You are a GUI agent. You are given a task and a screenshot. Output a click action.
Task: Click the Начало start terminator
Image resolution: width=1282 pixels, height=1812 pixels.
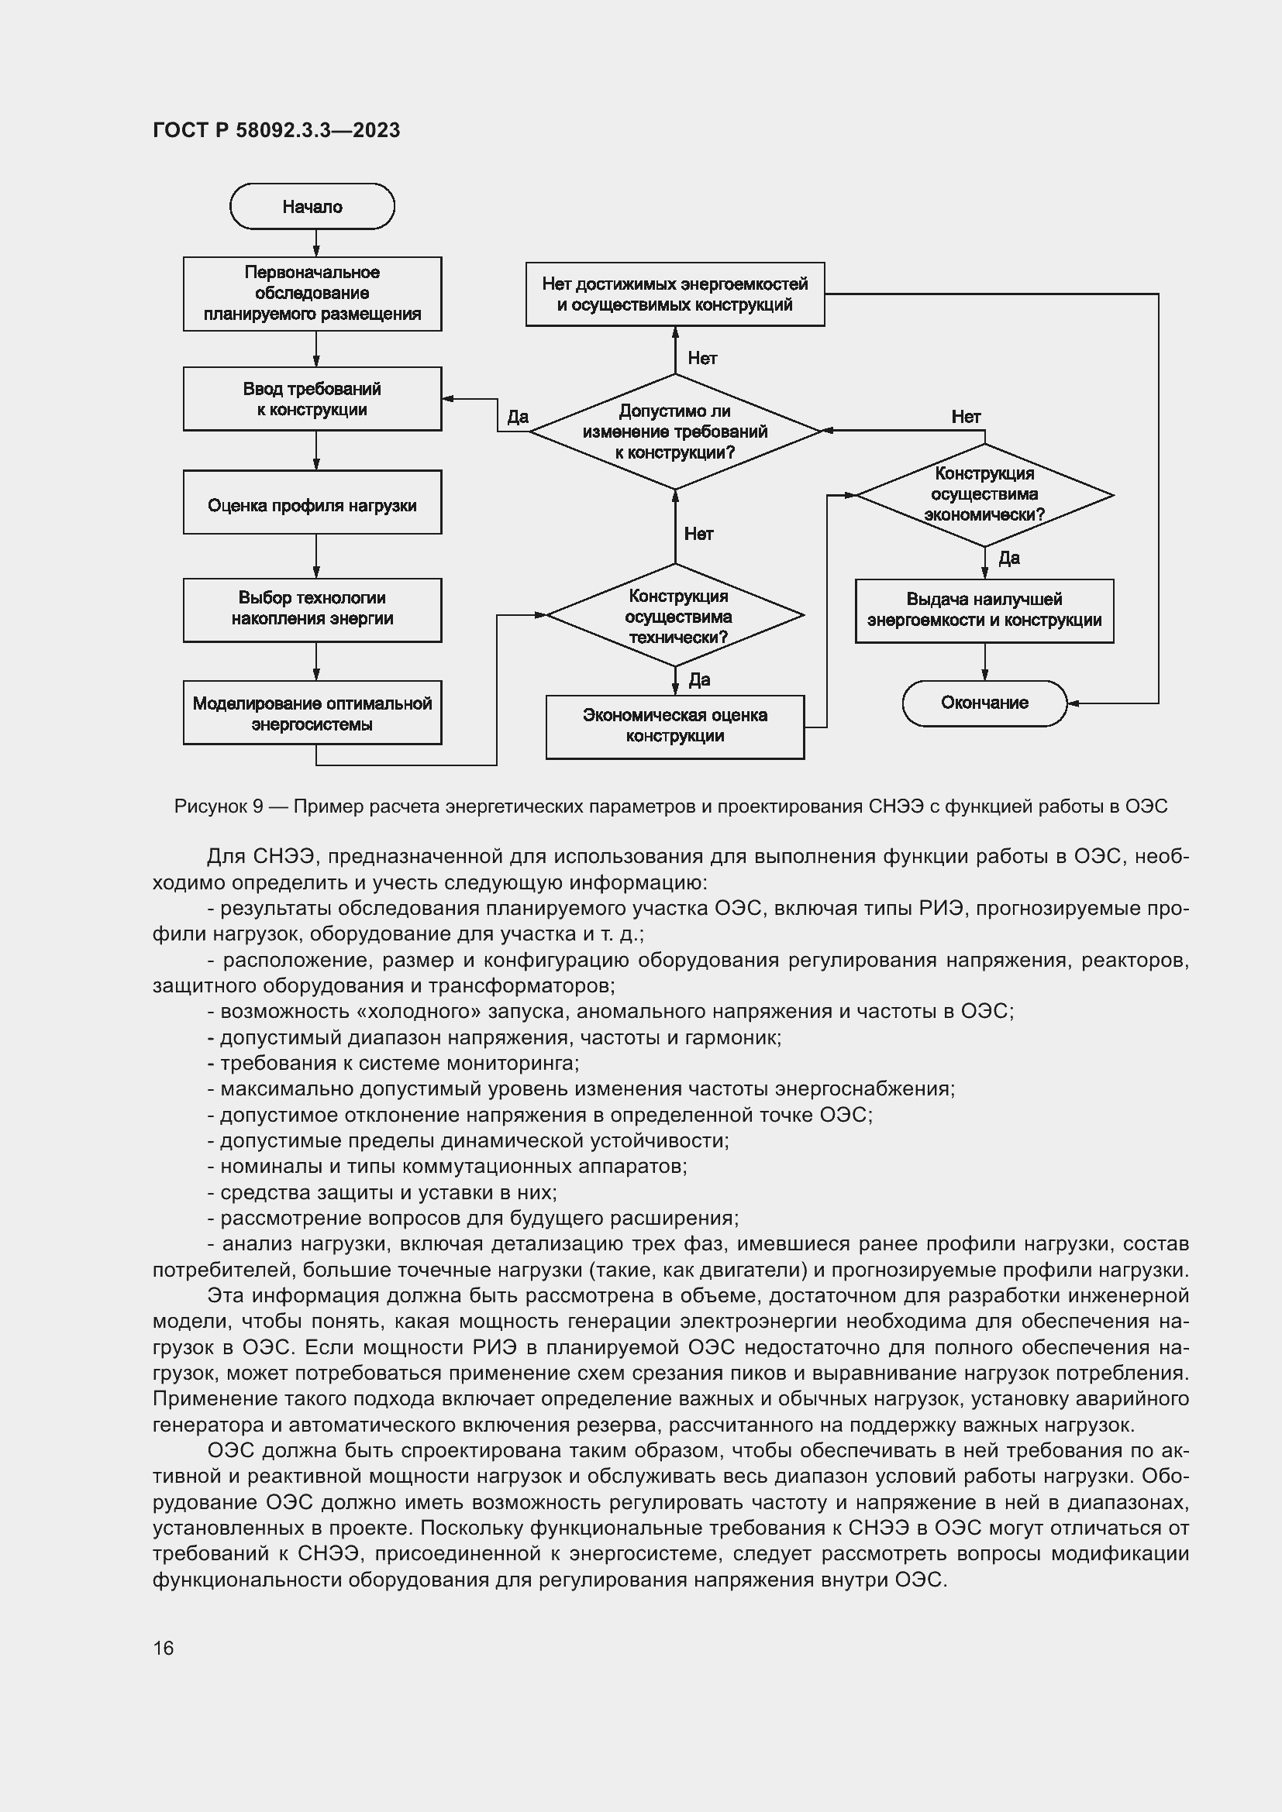coord(312,207)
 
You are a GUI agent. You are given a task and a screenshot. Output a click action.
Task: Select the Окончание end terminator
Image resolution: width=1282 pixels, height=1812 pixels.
coord(984,703)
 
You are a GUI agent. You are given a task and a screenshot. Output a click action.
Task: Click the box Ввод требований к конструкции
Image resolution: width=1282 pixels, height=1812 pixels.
coord(312,399)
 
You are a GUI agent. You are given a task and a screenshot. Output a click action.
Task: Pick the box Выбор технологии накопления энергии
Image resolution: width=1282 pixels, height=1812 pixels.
coord(312,609)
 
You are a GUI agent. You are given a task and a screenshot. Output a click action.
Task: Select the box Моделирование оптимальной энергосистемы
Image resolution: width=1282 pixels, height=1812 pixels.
coord(312,713)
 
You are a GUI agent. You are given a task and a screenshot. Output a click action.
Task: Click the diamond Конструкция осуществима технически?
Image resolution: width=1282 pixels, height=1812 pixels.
coord(675,617)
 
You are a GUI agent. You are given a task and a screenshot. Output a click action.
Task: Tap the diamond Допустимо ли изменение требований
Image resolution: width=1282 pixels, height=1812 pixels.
coord(675,432)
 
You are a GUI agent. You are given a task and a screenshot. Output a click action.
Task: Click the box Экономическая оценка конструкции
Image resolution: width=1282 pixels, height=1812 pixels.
coord(675,726)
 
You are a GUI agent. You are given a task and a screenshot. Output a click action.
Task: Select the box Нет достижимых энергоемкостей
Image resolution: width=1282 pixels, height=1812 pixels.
coord(675,294)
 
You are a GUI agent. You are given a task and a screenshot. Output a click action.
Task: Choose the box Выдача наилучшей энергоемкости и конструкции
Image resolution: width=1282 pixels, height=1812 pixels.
coord(984,610)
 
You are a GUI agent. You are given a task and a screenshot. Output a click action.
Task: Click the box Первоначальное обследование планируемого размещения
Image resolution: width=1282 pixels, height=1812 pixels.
coord(312,294)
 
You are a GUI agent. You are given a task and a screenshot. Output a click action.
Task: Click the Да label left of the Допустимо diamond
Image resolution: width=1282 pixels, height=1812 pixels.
coord(517,417)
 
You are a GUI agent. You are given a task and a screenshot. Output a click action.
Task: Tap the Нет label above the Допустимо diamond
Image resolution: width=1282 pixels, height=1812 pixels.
coord(701,359)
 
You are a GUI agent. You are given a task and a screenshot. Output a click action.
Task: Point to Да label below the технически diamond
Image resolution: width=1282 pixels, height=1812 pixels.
coord(698,679)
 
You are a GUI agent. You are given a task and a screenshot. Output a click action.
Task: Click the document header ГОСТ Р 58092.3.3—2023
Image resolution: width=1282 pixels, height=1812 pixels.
coord(276,130)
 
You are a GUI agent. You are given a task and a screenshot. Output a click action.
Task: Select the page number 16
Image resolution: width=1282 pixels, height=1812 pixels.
coord(164,1648)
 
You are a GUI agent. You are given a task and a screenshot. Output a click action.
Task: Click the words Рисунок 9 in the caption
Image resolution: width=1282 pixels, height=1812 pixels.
coord(219,806)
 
